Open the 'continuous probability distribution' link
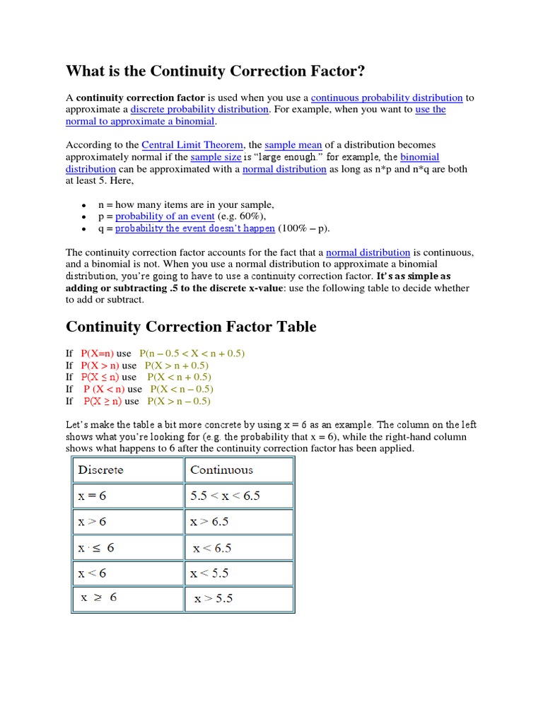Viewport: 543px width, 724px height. pos(387,98)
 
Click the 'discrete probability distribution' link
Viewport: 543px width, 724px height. pos(199,110)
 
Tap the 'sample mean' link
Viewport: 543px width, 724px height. pos(293,145)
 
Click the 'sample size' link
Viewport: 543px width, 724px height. pos(216,157)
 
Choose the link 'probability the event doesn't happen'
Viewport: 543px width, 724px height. pos(195,228)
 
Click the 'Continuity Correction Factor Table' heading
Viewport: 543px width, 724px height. pos(191,327)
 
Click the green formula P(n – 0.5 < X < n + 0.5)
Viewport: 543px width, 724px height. pos(192,353)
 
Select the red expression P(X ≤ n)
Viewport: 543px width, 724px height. pos(99,377)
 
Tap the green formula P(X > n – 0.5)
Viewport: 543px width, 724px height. pos(179,401)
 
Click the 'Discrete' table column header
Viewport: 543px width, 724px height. pos(100,469)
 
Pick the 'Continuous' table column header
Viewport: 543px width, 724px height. pos(221,469)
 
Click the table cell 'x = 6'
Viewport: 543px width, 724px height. pos(92,496)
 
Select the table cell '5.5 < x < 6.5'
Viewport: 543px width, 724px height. pos(225,496)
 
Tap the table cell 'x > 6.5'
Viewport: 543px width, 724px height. pos(209,522)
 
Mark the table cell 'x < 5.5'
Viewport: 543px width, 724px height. pos(209,573)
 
